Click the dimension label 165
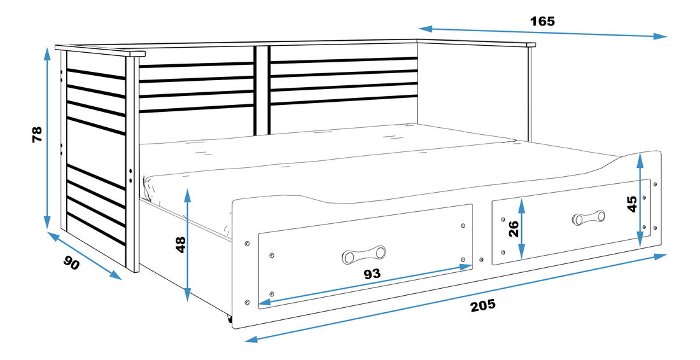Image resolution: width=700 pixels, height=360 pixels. [542, 21]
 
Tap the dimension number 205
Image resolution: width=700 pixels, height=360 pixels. [483, 305]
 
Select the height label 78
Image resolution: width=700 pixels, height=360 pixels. [37, 134]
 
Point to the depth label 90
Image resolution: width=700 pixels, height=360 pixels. [71, 263]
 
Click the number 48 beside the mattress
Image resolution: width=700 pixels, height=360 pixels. [181, 244]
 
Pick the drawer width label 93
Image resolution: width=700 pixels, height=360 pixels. [372, 274]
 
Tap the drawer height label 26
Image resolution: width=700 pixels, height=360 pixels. [514, 229]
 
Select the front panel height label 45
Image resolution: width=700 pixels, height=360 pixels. [632, 204]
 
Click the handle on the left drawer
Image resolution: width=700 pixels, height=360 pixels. [363, 254]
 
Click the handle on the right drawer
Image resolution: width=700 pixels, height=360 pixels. [589, 218]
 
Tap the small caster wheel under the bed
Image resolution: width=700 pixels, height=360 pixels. [230, 319]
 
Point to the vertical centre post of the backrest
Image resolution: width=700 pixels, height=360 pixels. [262, 90]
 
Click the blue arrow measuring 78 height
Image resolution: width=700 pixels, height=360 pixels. [47, 138]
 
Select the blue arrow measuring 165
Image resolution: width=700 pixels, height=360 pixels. [542, 32]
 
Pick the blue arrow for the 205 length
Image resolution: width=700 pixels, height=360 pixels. [456, 298]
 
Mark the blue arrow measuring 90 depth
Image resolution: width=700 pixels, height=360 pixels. [85, 256]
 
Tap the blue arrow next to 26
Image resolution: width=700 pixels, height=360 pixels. [522, 228]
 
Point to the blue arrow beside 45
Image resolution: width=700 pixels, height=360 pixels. [640, 200]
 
